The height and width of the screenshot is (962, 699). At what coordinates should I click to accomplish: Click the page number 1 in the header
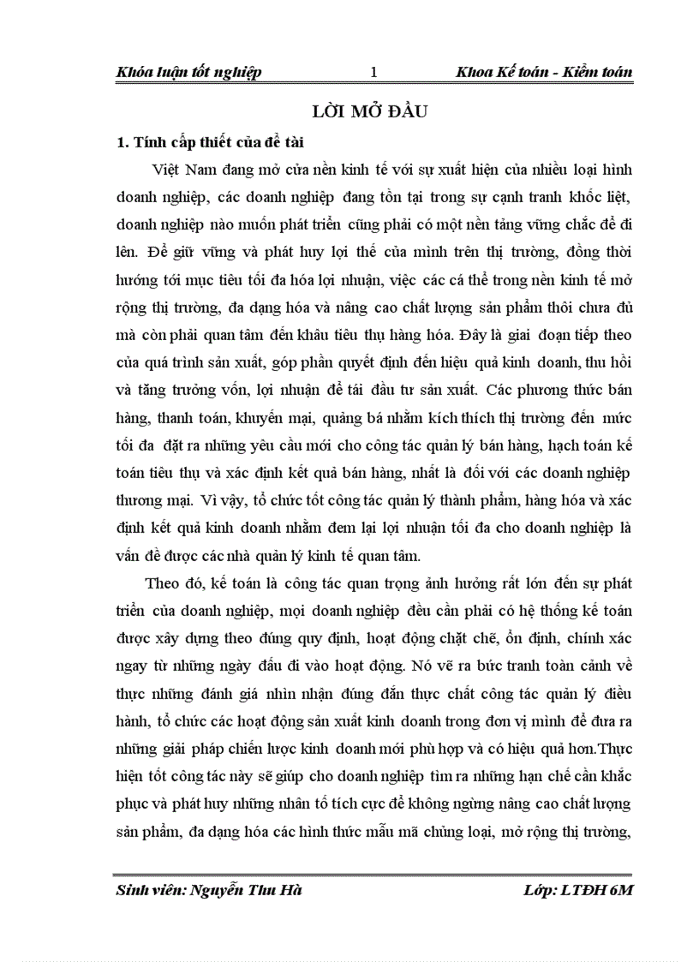click(x=373, y=73)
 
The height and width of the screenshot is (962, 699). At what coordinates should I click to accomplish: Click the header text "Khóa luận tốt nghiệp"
click(x=188, y=73)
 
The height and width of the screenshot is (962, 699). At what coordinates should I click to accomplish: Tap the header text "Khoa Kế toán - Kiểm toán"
click(x=545, y=73)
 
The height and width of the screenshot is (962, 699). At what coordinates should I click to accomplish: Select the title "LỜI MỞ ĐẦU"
click(x=373, y=113)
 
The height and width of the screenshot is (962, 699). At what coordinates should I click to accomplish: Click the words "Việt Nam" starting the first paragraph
click(x=176, y=171)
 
